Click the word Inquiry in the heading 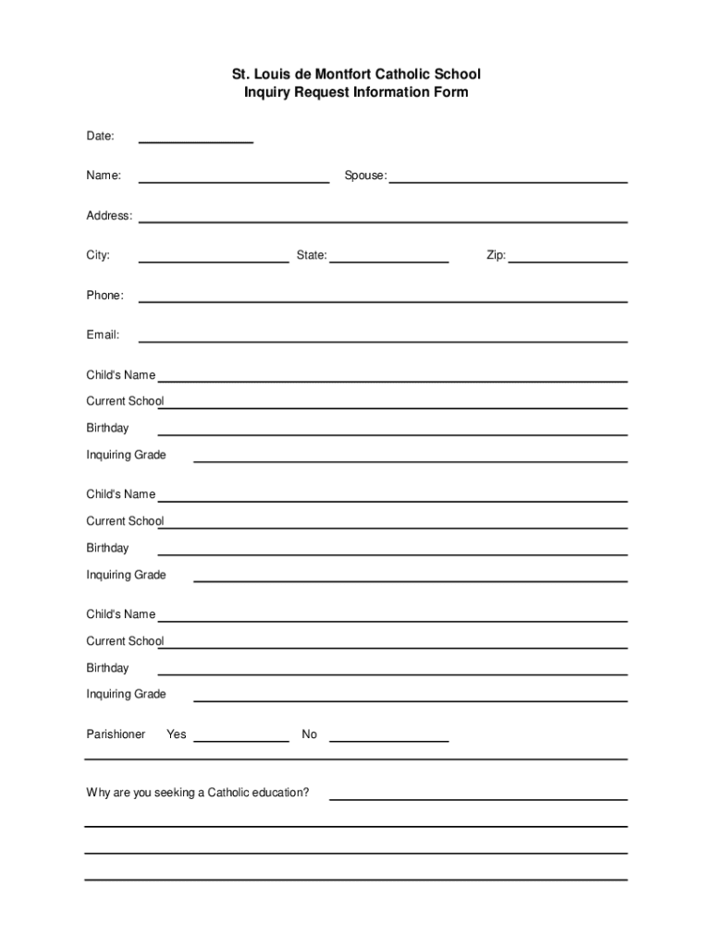click(267, 92)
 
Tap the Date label click(100, 136)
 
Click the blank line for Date click(195, 141)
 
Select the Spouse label click(365, 176)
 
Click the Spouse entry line click(508, 181)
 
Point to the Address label click(109, 215)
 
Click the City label click(98, 255)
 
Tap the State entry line click(388, 261)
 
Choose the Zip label click(496, 255)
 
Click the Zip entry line click(568, 261)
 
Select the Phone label click(104, 296)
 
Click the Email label click(103, 335)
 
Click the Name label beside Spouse click(104, 176)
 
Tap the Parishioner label click(116, 734)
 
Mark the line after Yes click(240, 740)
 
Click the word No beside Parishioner click(309, 734)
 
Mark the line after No click(388, 740)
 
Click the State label click(312, 255)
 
